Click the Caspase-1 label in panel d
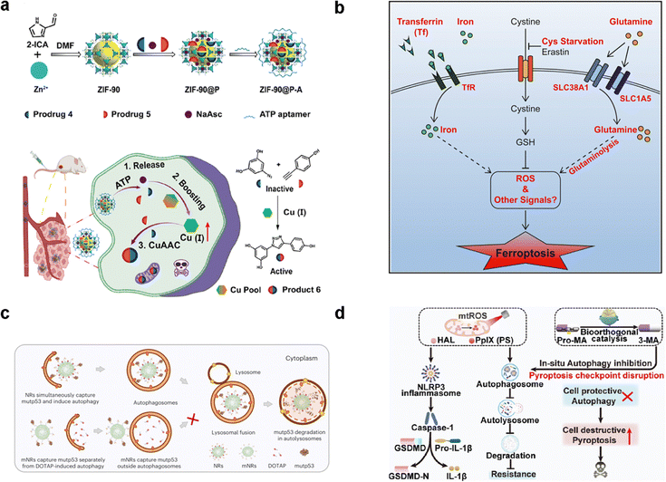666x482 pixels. click(x=423, y=424)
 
